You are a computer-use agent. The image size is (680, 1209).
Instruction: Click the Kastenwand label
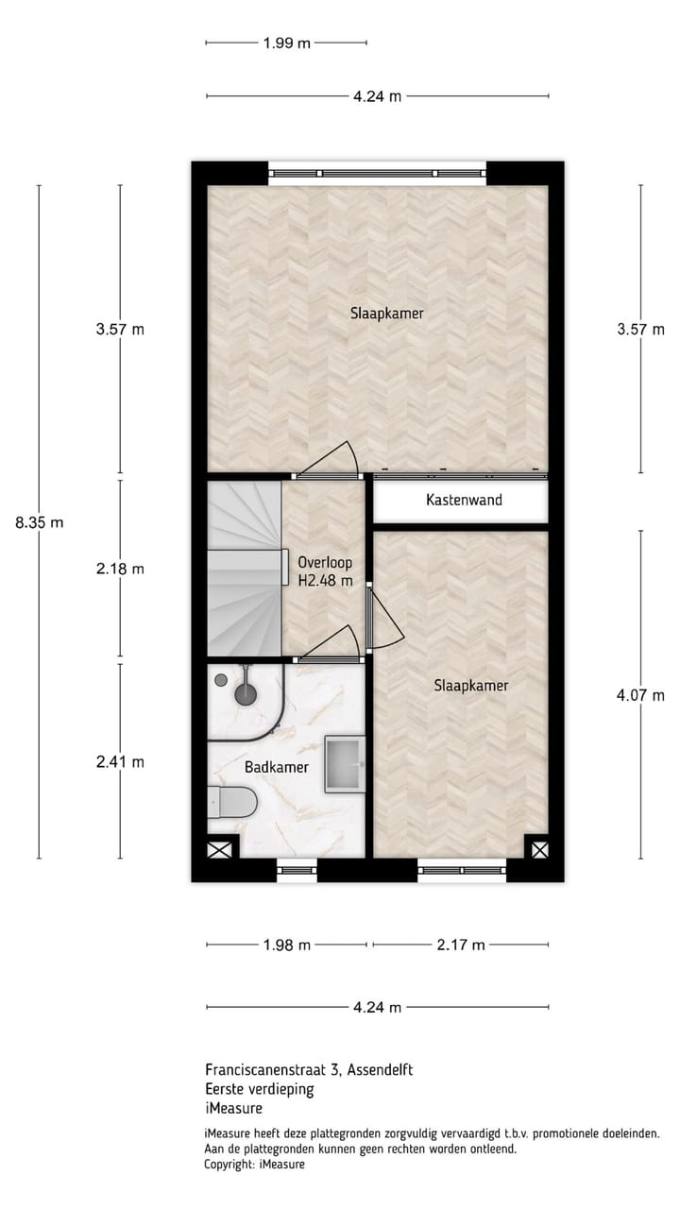(x=464, y=500)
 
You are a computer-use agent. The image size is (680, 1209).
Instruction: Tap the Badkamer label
(x=276, y=767)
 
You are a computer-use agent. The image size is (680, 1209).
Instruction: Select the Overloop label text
(x=324, y=562)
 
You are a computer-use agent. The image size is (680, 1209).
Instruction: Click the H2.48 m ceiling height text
(x=325, y=581)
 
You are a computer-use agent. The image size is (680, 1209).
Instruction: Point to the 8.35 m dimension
(x=39, y=522)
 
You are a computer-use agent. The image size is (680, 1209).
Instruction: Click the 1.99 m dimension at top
(x=285, y=43)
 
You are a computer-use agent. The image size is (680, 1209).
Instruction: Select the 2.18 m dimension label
(x=120, y=569)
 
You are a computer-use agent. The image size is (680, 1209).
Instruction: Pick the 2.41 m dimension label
(x=120, y=761)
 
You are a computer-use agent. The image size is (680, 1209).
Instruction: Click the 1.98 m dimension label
(x=287, y=945)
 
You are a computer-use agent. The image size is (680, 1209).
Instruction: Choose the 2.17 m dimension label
(x=461, y=945)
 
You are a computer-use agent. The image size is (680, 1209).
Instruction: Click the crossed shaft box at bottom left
(x=218, y=849)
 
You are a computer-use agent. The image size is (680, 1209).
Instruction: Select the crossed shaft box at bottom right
(x=538, y=849)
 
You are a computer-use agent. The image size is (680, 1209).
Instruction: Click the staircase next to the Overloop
(x=245, y=567)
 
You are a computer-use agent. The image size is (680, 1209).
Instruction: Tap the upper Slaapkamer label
(x=386, y=314)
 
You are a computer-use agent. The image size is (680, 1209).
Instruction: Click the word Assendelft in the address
(x=381, y=1070)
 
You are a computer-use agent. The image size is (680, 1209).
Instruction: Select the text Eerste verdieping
(x=259, y=1089)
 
